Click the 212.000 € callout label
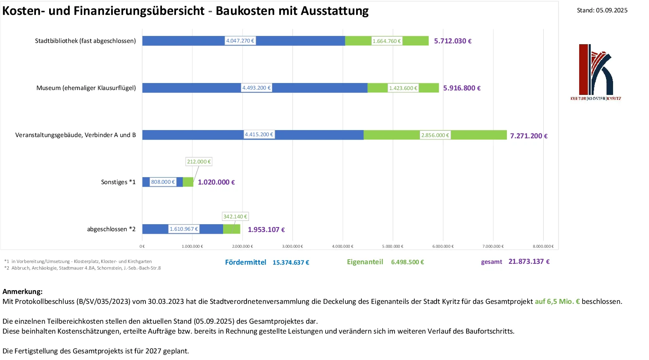199,162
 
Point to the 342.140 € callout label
235,217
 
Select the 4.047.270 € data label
240,41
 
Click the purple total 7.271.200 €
528,136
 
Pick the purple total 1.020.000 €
216,182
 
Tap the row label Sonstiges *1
118,182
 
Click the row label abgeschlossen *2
111,229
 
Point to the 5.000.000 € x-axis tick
392,246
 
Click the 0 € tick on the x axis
142,246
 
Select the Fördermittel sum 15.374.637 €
291,263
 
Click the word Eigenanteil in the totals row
365,262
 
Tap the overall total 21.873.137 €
529,261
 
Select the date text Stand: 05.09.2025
602,10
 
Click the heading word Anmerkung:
22,291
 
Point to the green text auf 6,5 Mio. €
557,301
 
